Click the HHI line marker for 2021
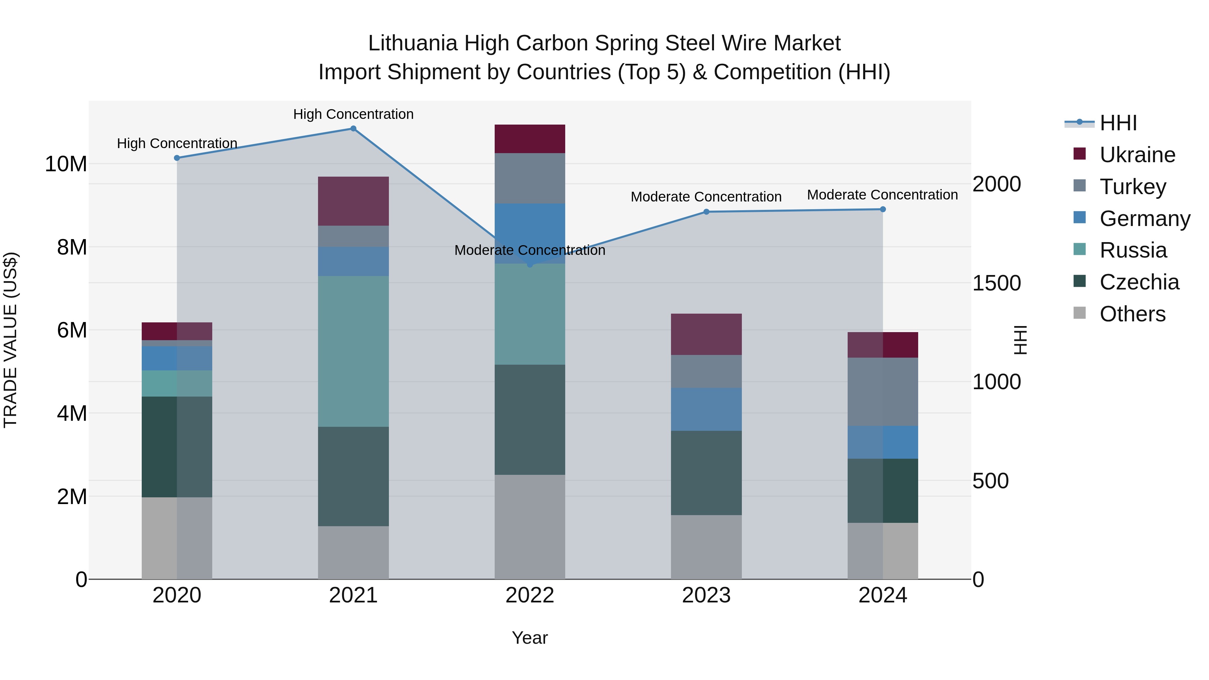pyautogui.click(x=353, y=129)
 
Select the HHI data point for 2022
pyautogui.click(x=530, y=265)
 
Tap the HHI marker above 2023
pyautogui.click(x=706, y=212)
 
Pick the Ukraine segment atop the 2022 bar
pyautogui.click(x=530, y=139)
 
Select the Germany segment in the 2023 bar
pyautogui.click(x=706, y=409)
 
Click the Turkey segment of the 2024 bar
pyautogui.click(x=883, y=392)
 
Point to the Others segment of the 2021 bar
pyautogui.click(x=353, y=552)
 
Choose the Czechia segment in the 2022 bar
pyautogui.click(x=530, y=419)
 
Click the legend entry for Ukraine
pyautogui.click(x=1137, y=155)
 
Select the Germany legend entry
pyautogui.click(x=1144, y=219)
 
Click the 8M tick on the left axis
pyautogui.click(x=72, y=247)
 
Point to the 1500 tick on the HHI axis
pyautogui.click(x=996, y=283)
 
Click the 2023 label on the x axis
pyautogui.click(x=706, y=595)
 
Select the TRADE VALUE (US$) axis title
pyautogui.click(x=10, y=340)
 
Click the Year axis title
pyautogui.click(x=530, y=638)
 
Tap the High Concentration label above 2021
pyautogui.click(x=353, y=114)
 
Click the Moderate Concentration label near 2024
pyautogui.click(x=882, y=195)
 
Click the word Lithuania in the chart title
pyautogui.click(x=412, y=43)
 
